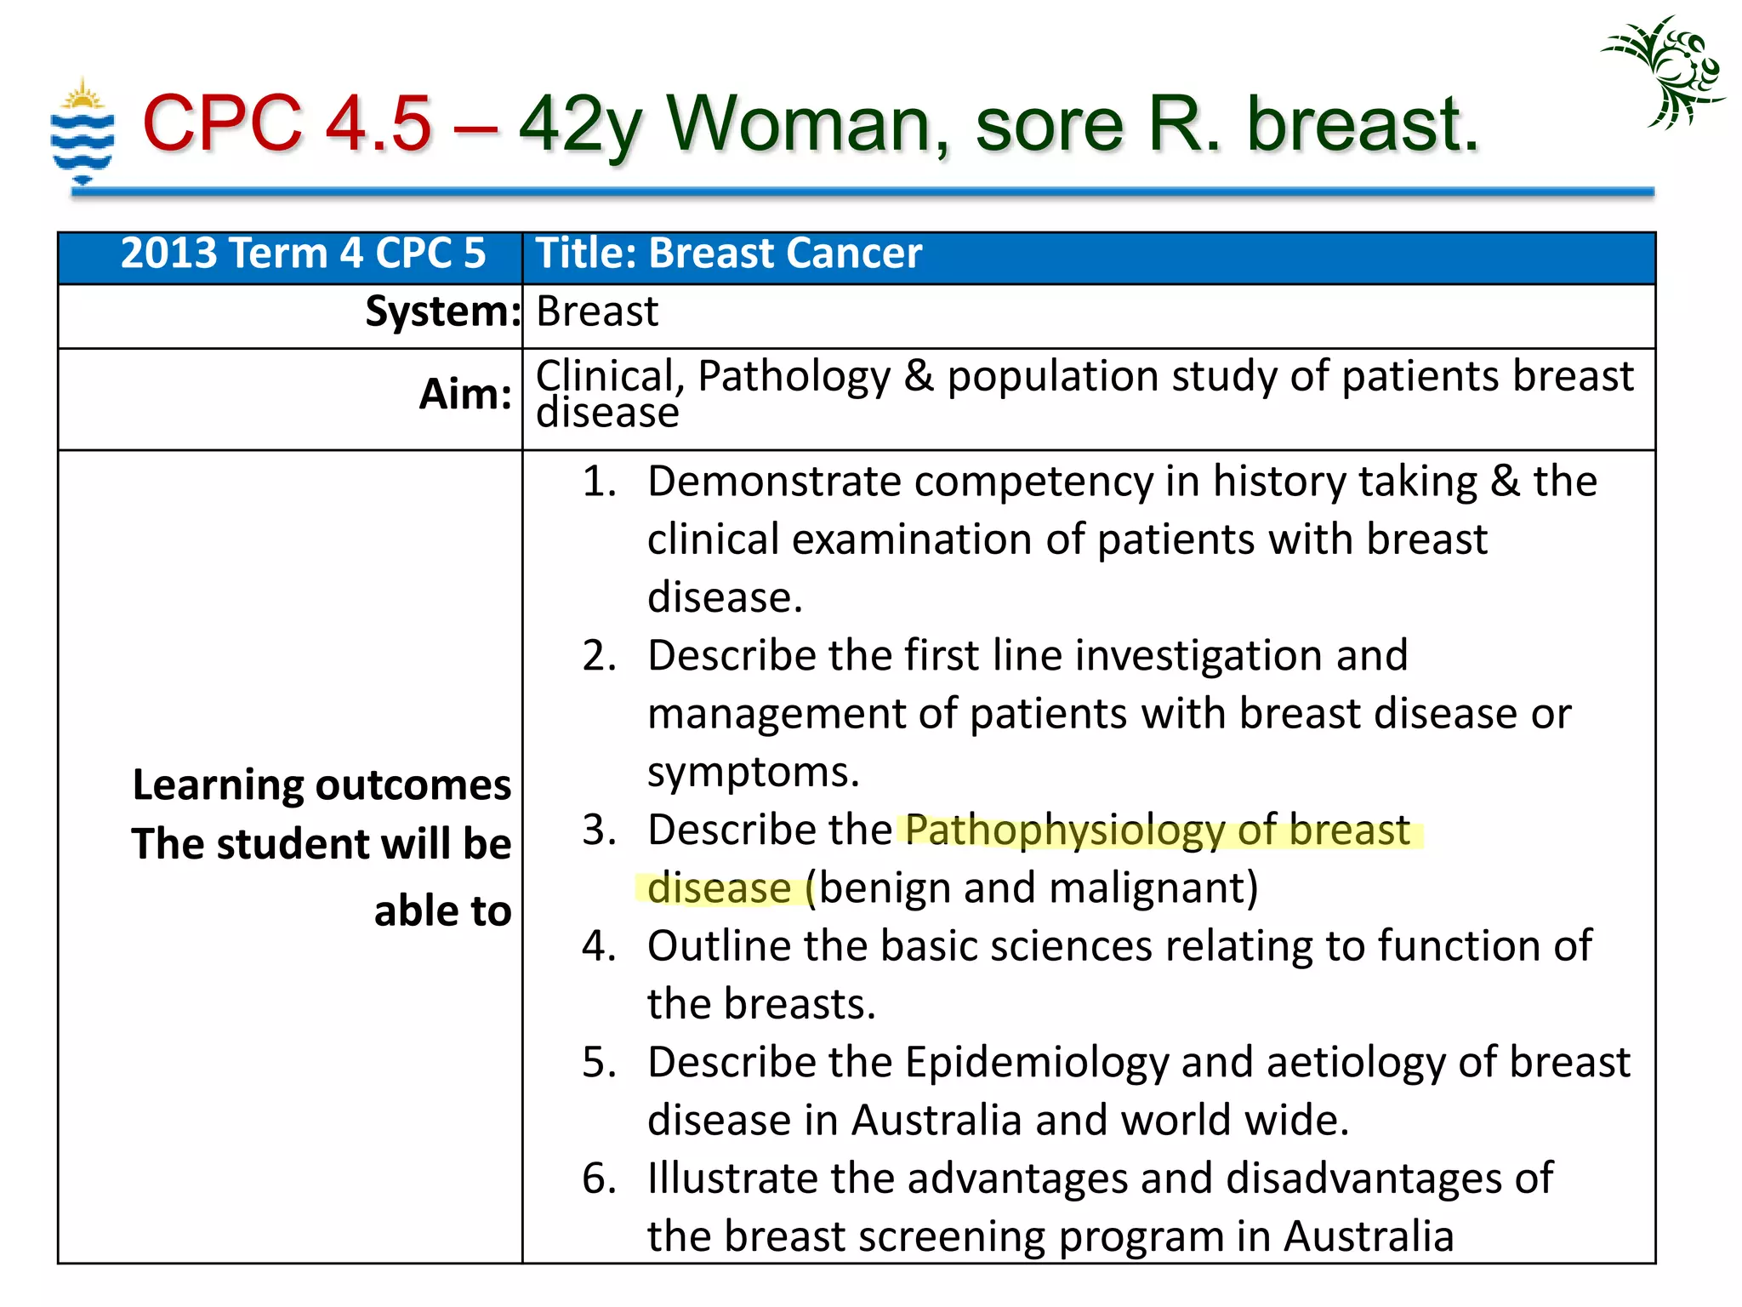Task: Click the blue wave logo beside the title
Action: (82, 131)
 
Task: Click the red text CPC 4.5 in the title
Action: (287, 124)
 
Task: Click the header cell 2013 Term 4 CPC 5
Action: (303, 254)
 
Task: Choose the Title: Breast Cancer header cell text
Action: (728, 254)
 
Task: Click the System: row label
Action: (442, 311)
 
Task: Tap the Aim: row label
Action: (465, 394)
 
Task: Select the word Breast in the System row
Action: (597, 311)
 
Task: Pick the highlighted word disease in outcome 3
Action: (719, 888)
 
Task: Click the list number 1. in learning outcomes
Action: (600, 482)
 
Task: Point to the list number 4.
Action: (600, 946)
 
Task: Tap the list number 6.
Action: (600, 1179)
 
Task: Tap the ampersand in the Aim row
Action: (919, 376)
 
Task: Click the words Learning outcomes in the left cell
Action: (322, 785)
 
